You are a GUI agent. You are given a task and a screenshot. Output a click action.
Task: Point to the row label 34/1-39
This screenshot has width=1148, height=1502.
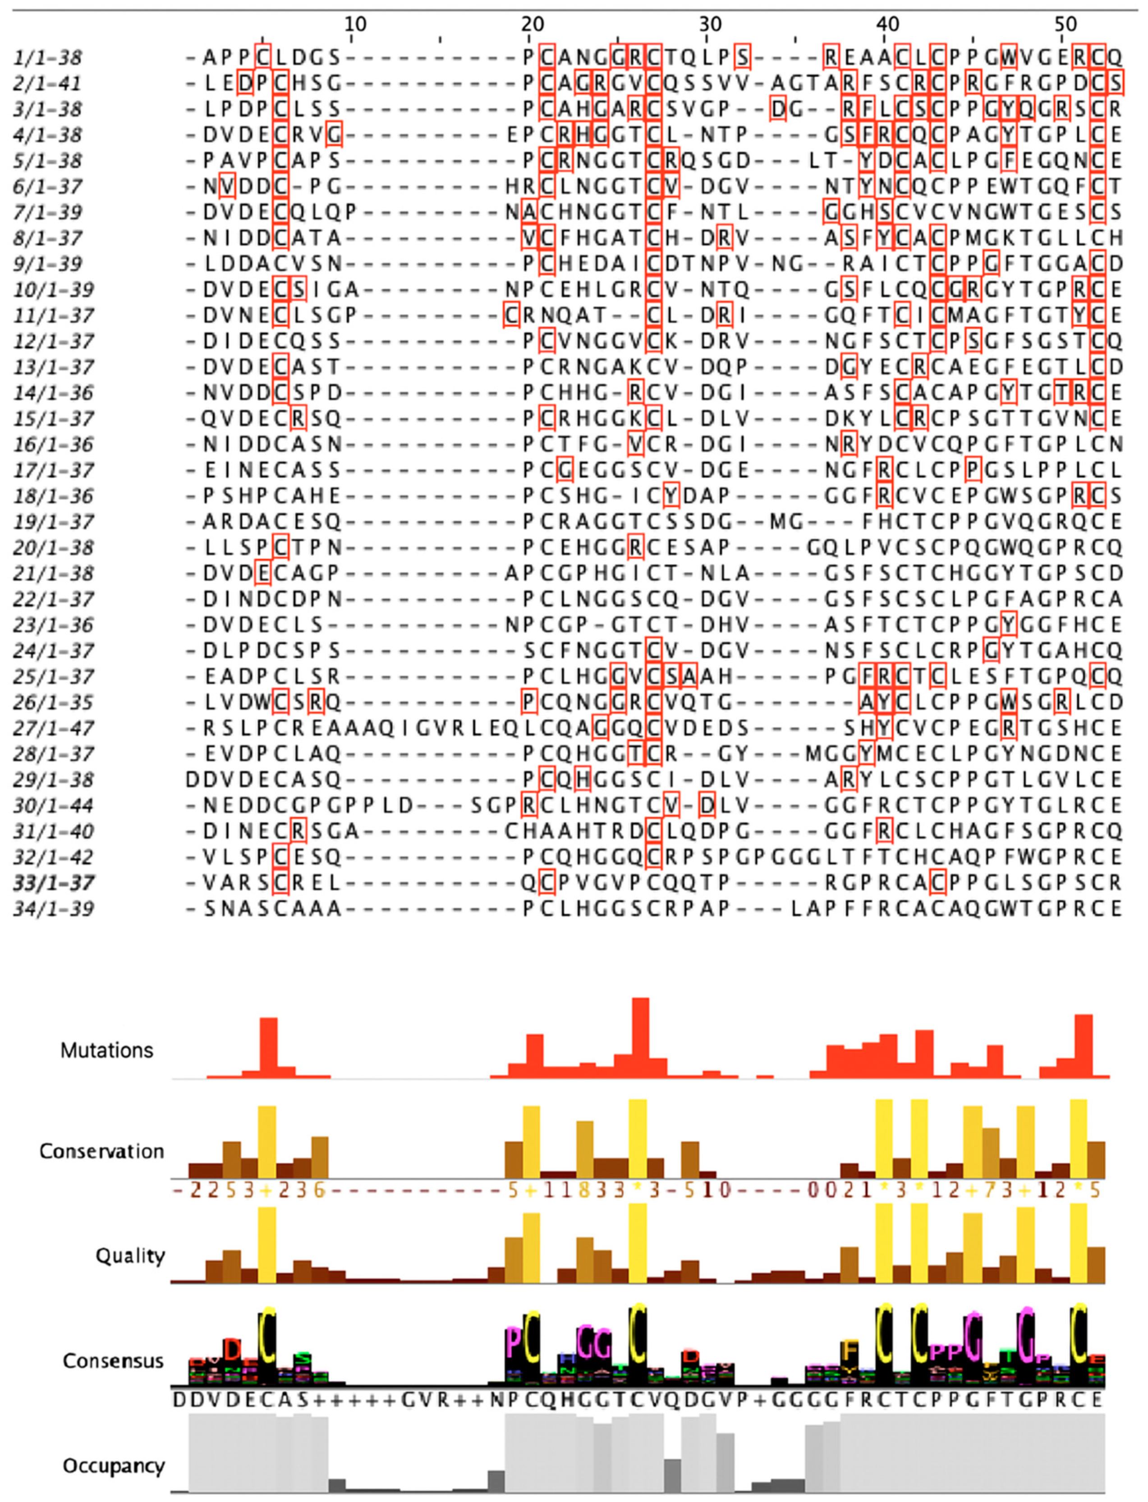(x=53, y=909)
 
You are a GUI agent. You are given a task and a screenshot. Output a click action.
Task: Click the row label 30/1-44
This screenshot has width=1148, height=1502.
(x=53, y=806)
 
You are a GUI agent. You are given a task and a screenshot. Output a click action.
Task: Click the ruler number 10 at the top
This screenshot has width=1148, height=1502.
(x=355, y=25)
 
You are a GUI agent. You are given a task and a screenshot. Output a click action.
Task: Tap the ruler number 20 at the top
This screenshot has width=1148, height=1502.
(x=533, y=25)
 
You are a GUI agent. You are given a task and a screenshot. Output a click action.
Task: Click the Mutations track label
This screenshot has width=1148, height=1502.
(x=106, y=1050)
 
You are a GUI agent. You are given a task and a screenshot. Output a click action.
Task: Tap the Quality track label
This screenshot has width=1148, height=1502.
(x=130, y=1256)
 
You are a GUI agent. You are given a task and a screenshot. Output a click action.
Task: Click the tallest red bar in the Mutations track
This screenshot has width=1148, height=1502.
(x=640, y=1039)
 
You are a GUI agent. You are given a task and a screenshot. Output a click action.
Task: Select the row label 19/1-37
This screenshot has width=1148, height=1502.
(x=53, y=523)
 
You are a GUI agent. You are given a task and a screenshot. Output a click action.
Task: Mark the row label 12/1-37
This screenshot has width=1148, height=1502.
(x=53, y=342)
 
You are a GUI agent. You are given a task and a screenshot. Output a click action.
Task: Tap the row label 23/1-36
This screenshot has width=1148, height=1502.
(x=53, y=626)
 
